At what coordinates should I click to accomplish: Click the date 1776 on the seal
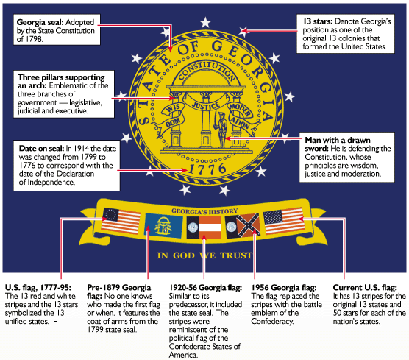tap(207, 169)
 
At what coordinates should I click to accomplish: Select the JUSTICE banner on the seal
tap(206, 105)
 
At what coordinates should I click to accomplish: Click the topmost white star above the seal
tap(205, 22)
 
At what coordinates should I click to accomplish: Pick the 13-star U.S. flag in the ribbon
tap(121, 220)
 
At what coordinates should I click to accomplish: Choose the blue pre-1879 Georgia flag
tap(164, 225)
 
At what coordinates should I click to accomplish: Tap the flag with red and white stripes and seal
tap(204, 227)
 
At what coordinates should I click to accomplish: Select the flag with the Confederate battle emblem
tap(243, 225)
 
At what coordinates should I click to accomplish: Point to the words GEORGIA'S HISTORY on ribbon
tap(204, 211)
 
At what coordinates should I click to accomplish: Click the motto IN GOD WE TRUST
tap(204, 255)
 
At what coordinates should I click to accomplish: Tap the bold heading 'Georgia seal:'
tap(40, 22)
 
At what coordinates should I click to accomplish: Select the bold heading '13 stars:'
tap(318, 21)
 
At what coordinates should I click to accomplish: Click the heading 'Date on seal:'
tap(41, 148)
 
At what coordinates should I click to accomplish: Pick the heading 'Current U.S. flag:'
tap(365, 287)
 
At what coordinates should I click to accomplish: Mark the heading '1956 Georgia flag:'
tap(284, 287)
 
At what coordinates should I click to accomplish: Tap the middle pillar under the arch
tap(206, 120)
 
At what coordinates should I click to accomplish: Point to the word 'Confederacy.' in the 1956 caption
tap(272, 321)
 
